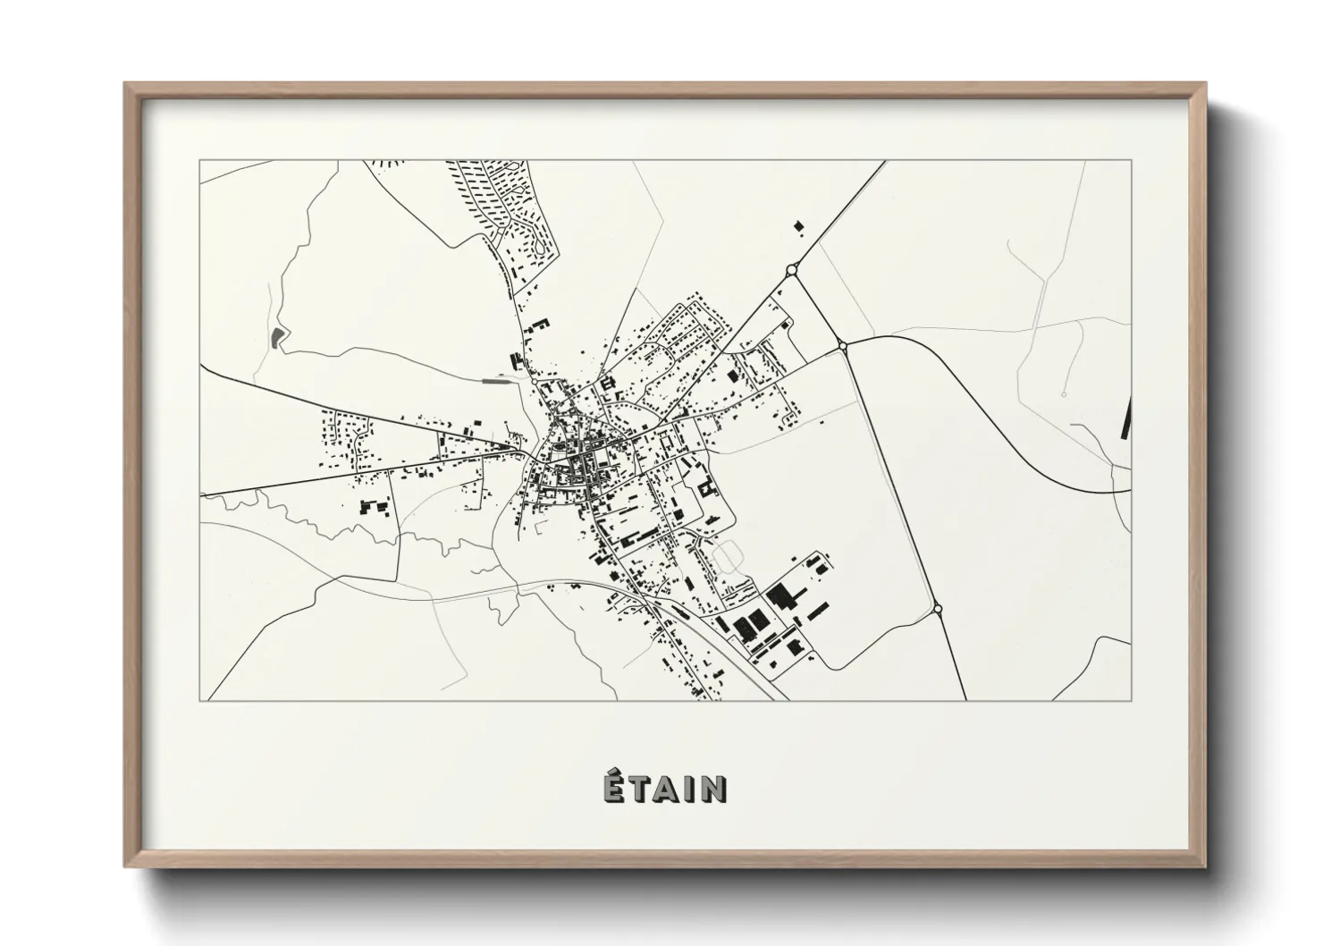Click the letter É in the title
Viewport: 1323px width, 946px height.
(612, 788)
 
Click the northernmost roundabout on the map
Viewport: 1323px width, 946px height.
(791, 269)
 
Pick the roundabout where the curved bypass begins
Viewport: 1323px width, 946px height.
(842, 344)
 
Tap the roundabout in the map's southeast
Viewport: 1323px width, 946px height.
(938, 609)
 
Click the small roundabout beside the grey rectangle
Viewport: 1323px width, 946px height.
(535, 382)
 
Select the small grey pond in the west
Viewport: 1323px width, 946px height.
(276, 337)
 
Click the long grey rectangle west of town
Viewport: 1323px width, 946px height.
(493, 381)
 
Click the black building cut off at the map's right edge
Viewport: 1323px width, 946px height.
(1125, 419)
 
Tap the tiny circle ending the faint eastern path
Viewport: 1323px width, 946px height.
(1064, 393)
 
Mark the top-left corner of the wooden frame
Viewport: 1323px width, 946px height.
(125, 83)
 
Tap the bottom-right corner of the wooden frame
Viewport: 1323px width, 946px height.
(1207, 867)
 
